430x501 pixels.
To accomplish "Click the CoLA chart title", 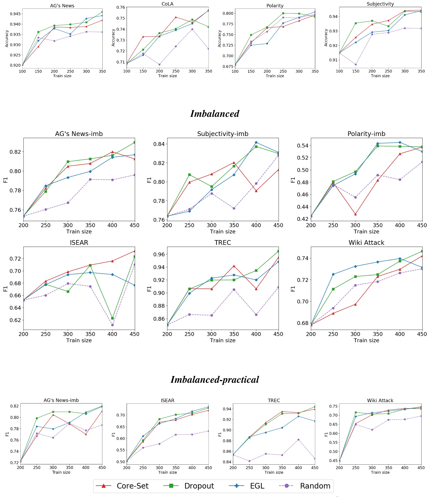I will coord(168,4).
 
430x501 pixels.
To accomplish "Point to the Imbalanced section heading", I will coord(215,114).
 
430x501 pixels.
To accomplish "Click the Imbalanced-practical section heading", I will coord(215,380).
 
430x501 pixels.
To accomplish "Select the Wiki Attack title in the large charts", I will coord(366,243).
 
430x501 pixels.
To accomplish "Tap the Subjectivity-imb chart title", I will coord(223,134).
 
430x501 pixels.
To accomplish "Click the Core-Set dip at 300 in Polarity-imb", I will coord(355,214).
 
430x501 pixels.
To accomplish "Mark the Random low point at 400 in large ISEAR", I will coord(112,325).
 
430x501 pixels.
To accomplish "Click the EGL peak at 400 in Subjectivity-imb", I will coord(256,142).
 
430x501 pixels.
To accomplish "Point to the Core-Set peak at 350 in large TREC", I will coord(234,266).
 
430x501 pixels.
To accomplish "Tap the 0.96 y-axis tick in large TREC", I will coord(159,254).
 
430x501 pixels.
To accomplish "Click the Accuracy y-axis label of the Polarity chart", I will coord(219,38).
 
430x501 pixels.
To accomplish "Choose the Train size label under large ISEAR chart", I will coord(79,340).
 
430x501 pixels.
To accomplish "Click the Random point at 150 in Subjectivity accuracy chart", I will coord(356,64).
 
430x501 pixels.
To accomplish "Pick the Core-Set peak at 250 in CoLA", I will coord(176,17).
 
